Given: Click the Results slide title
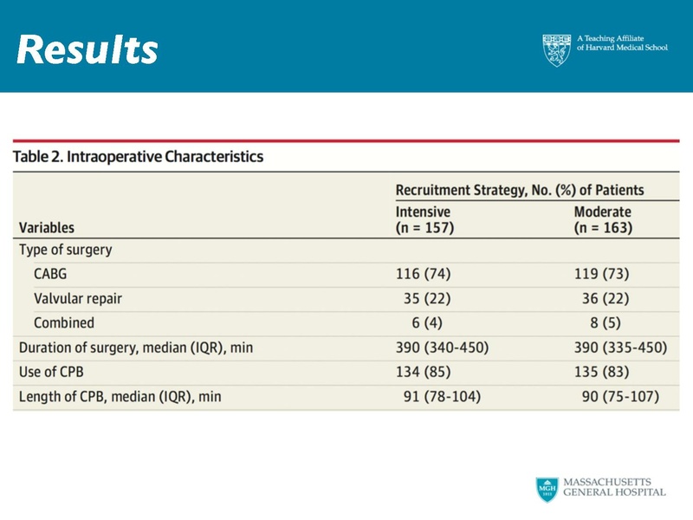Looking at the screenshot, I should pyautogui.click(x=87, y=50).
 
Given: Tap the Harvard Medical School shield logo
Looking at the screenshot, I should pyautogui.click(x=557, y=50).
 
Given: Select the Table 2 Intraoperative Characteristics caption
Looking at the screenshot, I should pyautogui.click(x=139, y=158).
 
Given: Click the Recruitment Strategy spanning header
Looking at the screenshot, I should pyautogui.click(x=519, y=190).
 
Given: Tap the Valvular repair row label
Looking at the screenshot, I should pyautogui.click(x=78, y=299).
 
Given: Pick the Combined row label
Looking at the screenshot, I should pyautogui.click(x=64, y=323).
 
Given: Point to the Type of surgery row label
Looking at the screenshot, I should pyautogui.click(x=66, y=250).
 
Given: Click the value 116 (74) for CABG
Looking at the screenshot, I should pyautogui.click(x=424, y=275).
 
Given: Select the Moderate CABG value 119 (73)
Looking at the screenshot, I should pyautogui.click(x=602, y=275).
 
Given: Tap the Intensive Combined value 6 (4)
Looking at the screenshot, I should pyautogui.click(x=431, y=323).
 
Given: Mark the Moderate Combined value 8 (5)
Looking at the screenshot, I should pyautogui.click(x=609, y=323).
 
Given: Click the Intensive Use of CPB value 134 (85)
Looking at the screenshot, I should pyautogui.click(x=424, y=373).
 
